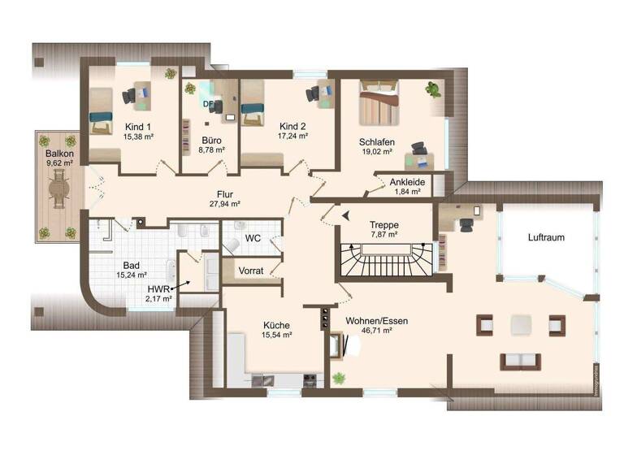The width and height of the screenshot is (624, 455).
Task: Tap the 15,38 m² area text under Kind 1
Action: click(138, 137)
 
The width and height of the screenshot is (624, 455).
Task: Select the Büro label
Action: click(210, 140)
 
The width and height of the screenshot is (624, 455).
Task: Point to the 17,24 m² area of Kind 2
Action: click(292, 136)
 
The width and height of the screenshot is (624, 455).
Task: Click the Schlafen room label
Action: click(376, 141)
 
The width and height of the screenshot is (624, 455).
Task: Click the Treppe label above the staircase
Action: click(383, 224)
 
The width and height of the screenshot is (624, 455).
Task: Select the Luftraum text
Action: click(545, 237)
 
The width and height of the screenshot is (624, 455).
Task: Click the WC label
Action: click(252, 239)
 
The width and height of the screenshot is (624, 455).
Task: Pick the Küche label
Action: click(276, 325)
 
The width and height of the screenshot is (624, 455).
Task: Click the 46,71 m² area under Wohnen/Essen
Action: click(376, 331)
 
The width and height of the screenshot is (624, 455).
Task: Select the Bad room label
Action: click(131, 265)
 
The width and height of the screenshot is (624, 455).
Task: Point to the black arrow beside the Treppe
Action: click(346, 214)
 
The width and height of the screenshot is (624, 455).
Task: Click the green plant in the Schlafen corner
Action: click(434, 89)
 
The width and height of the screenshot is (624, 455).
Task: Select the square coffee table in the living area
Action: click(521, 325)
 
